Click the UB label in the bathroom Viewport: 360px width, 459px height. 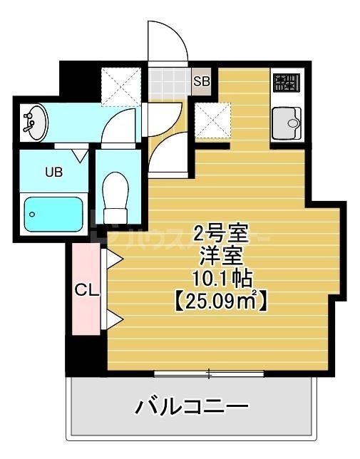[53, 171]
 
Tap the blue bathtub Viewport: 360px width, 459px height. [54, 212]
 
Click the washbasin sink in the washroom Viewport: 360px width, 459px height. [34, 122]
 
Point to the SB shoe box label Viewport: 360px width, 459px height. [202, 81]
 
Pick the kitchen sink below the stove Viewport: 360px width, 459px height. [288, 124]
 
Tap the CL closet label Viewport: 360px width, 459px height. [87, 290]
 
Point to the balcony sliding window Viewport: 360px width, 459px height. [209, 373]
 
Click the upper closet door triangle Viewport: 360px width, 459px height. [113, 258]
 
